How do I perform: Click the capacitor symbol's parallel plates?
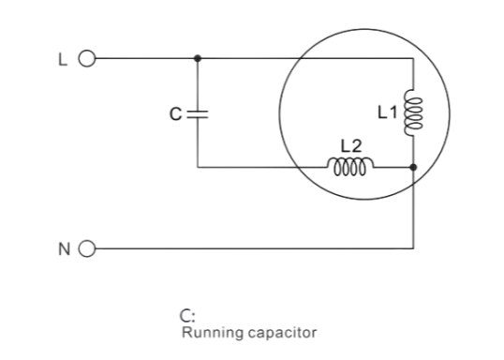pos(197,113)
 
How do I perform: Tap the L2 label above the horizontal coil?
pos(349,146)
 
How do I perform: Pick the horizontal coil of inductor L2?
pos(350,167)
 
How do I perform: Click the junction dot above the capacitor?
pos(197,58)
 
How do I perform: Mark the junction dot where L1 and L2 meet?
pos(413,168)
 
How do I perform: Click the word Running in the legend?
pos(209,331)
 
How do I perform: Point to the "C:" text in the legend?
pos(185,317)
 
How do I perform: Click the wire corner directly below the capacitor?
pos(197,168)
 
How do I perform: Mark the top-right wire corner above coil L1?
pos(413,58)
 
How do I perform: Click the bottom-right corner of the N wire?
pos(413,249)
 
